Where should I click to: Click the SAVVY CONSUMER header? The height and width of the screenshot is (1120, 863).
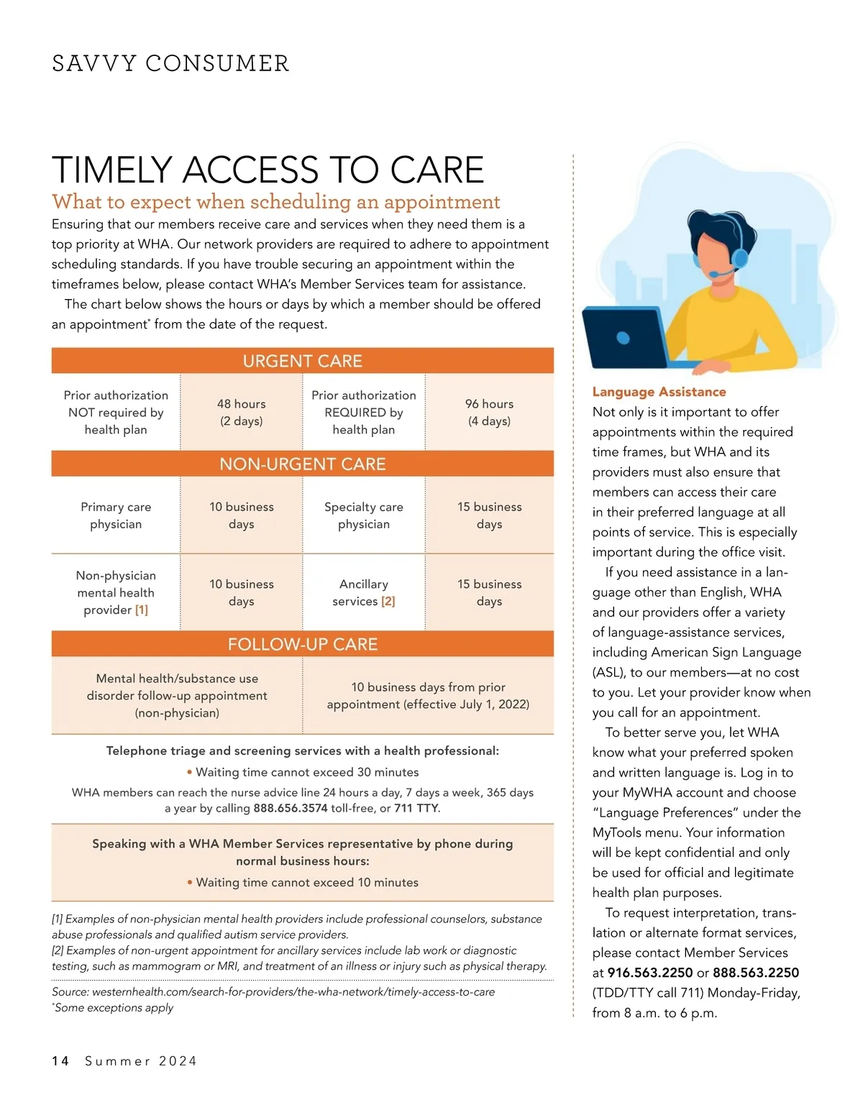click(x=170, y=63)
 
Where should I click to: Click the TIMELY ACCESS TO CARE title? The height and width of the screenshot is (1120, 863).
click(x=268, y=170)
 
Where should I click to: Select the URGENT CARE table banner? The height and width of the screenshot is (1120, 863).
click(x=302, y=361)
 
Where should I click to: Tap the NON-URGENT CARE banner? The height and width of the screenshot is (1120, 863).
click(x=302, y=464)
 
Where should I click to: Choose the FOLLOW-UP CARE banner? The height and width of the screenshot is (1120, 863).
click(x=302, y=644)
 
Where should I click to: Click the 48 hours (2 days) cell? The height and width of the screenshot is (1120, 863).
click(x=242, y=412)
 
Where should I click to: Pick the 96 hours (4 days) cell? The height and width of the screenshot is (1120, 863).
click(x=489, y=412)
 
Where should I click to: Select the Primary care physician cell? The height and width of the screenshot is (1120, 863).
click(x=116, y=515)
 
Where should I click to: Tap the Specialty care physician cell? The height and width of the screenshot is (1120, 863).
click(x=364, y=515)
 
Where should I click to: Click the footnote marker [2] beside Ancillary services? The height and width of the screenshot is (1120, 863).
click(x=388, y=601)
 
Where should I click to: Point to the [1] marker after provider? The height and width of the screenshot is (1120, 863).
click(x=142, y=610)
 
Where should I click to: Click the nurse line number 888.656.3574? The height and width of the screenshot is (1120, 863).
click(x=290, y=808)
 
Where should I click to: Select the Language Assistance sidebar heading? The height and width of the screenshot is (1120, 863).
click(x=659, y=392)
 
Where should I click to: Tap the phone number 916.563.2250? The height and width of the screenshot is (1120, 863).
click(x=650, y=973)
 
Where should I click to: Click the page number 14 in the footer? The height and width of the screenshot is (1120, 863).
click(x=60, y=1061)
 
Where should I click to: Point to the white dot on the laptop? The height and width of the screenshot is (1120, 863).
click(x=623, y=338)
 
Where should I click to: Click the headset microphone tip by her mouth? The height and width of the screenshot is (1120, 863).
click(x=712, y=275)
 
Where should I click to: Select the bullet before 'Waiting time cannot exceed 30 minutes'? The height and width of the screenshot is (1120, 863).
click(x=189, y=772)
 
